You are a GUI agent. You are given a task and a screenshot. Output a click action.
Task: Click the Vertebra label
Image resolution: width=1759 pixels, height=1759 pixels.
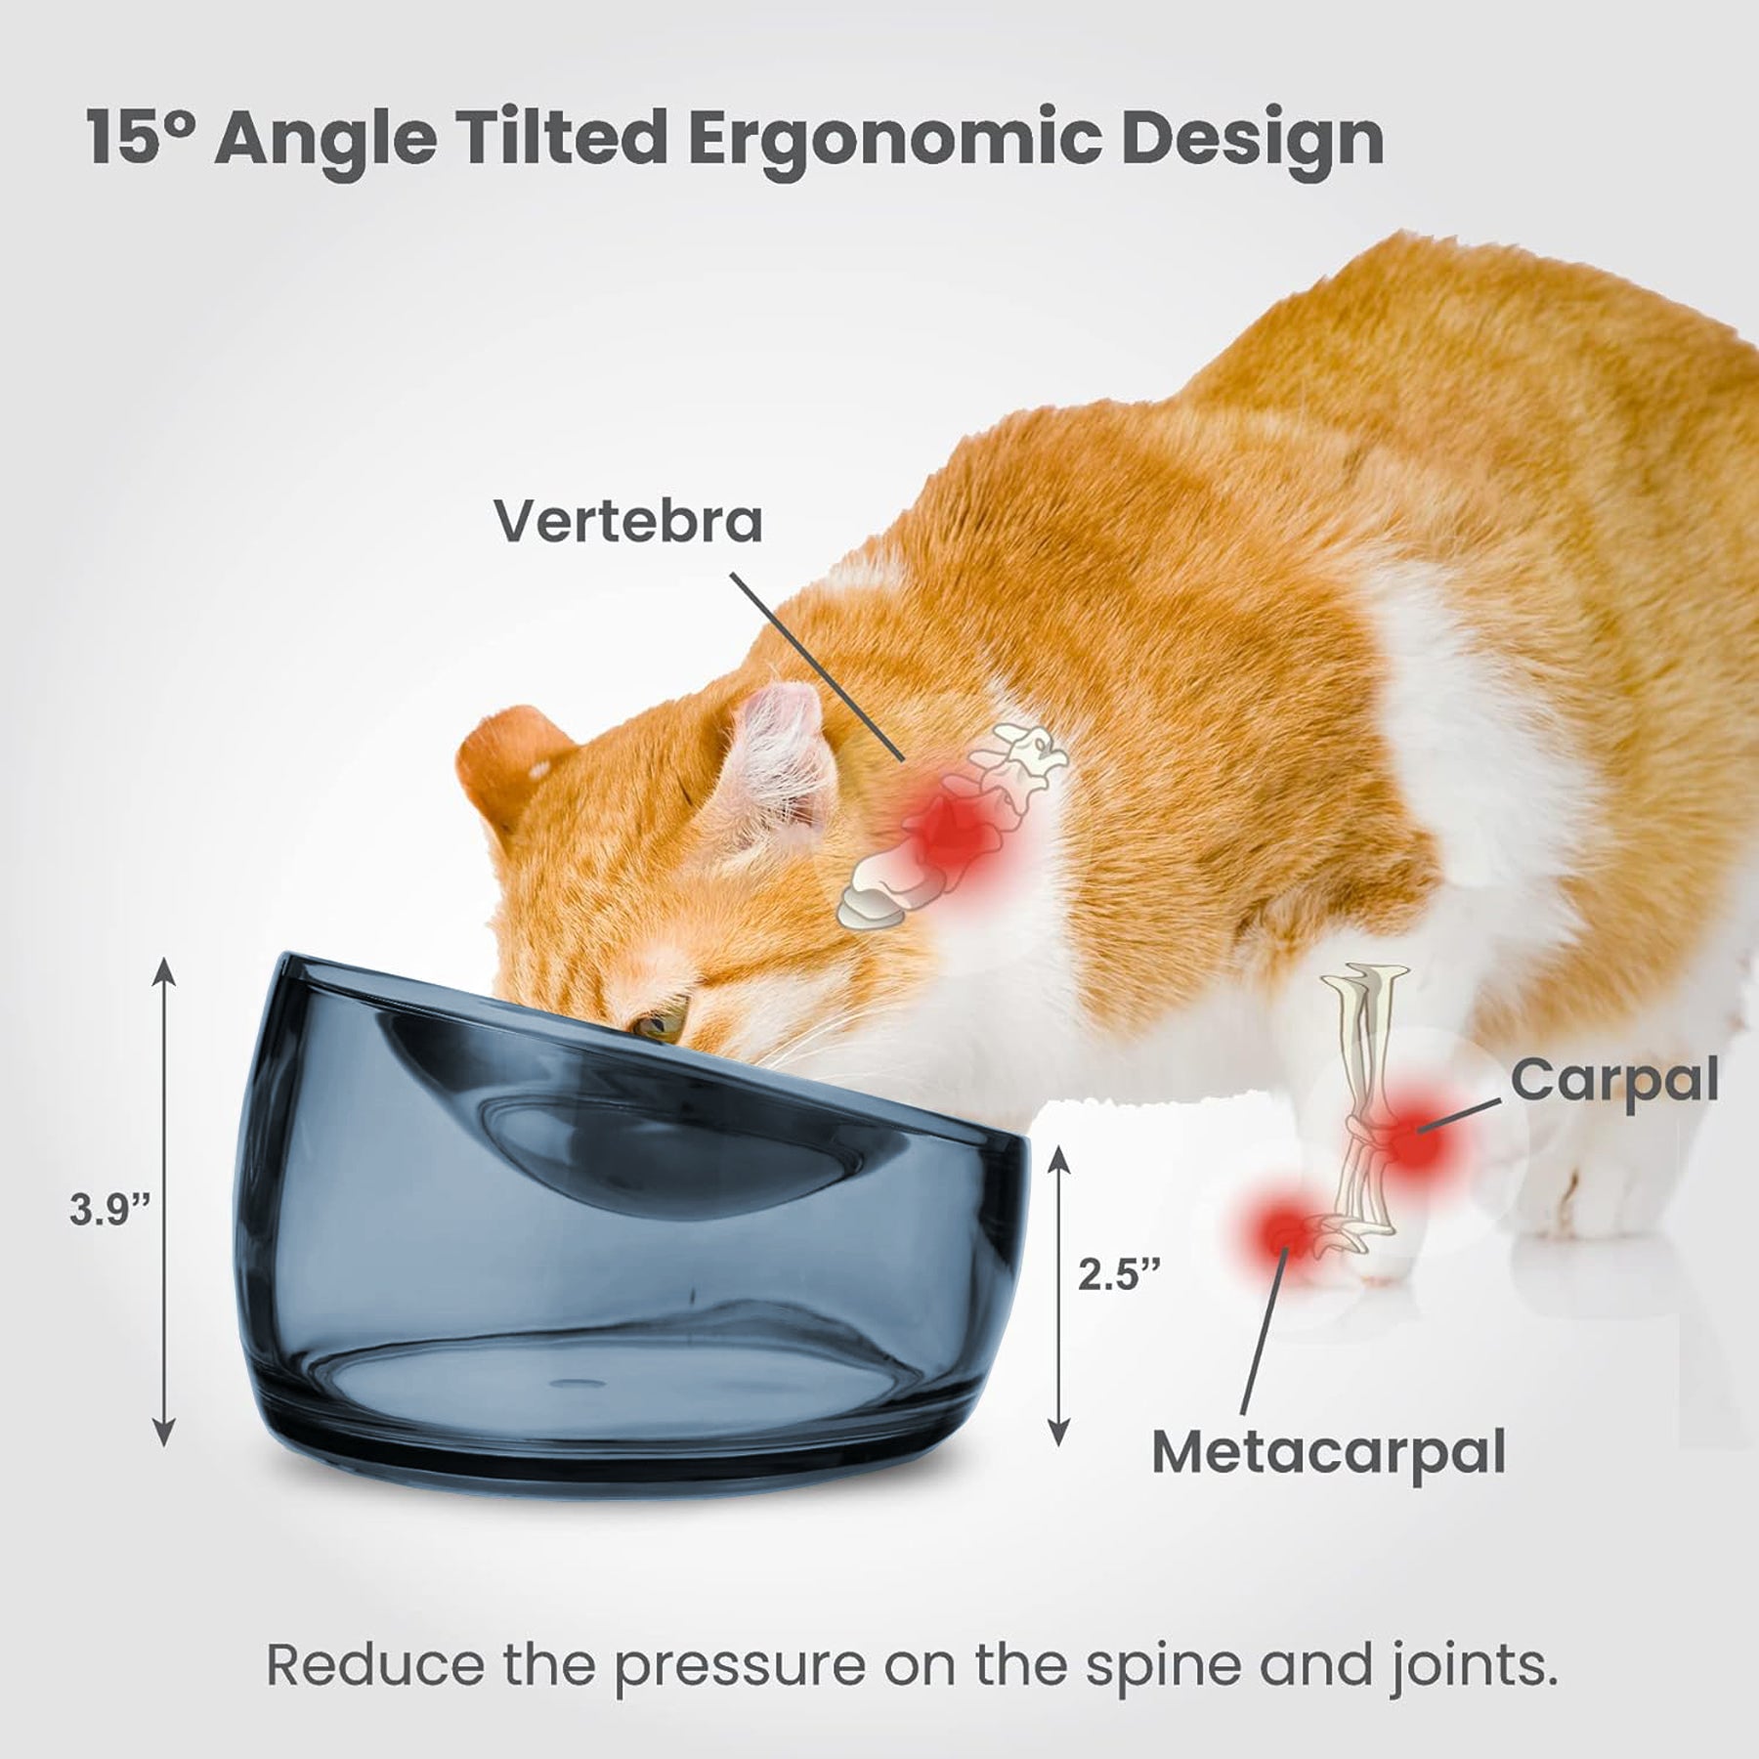point(627,521)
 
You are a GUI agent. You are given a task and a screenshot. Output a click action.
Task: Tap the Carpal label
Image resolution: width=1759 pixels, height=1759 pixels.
point(1614,1083)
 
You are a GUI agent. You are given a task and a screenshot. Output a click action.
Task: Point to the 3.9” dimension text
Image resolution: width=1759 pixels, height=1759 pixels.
point(109,1211)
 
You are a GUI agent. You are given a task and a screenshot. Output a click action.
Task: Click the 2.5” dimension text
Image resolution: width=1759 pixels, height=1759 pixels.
point(1119,1274)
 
